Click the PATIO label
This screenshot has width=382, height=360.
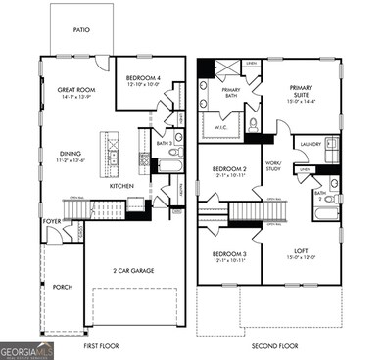point(82,30)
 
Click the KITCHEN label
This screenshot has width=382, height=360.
point(120,186)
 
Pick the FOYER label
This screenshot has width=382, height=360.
point(52,221)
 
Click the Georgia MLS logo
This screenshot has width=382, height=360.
point(26,349)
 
